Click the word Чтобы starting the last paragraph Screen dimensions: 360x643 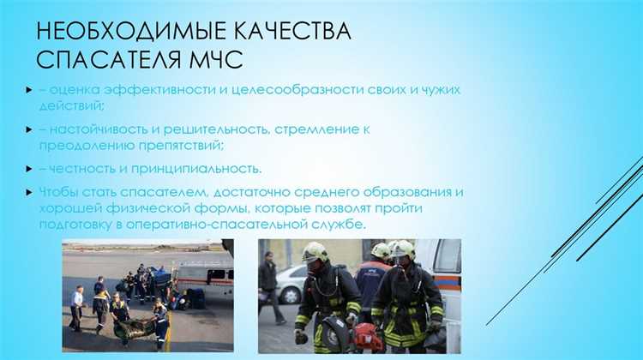(57, 191)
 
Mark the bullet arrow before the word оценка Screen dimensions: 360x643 (29, 89)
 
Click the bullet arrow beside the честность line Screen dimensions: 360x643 (29, 168)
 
